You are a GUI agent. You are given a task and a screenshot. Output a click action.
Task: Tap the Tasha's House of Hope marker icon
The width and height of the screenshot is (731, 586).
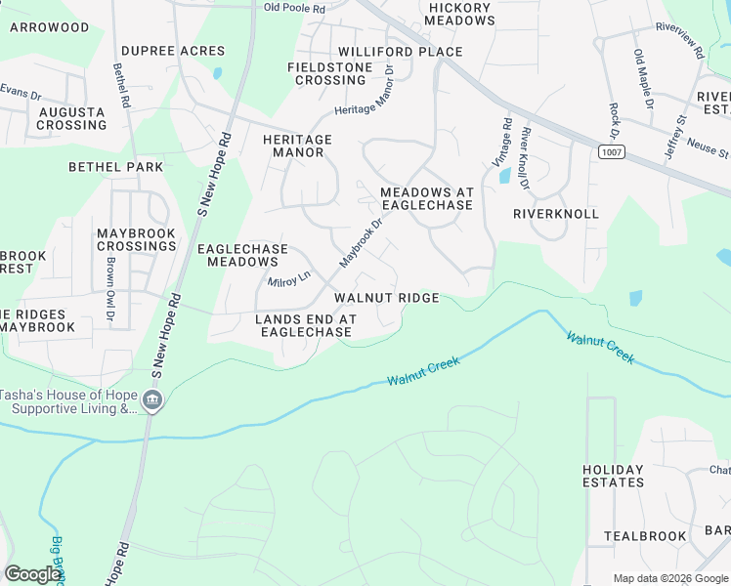[x=152, y=401]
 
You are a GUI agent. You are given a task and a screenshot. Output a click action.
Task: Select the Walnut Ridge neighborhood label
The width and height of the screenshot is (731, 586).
[x=386, y=298]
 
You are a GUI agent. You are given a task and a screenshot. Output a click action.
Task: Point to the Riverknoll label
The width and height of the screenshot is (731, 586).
[x=555, y=213]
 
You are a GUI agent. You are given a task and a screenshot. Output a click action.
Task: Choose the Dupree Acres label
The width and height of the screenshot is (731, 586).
[x=173, y=51]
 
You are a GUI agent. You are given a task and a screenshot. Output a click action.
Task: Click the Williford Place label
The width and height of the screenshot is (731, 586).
[x=400, y=52]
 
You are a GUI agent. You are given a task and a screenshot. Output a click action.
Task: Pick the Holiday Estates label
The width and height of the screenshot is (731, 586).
[x=613, y=476]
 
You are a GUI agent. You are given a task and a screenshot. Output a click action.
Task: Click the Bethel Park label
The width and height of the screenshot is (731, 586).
[x=116, y=167]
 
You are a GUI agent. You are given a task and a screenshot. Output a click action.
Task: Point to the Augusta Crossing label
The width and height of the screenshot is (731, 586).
[x=71, y=118]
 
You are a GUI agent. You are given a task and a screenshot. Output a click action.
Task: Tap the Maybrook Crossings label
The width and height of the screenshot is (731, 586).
[x=136, y=239]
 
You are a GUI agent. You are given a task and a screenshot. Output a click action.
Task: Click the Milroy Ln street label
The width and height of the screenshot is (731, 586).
[x=288, y=281]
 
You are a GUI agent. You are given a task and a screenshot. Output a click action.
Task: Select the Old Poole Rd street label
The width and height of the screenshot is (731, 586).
[x=294, y=7]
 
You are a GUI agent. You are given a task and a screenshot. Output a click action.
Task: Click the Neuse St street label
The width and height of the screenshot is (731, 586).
[x=710, y=153]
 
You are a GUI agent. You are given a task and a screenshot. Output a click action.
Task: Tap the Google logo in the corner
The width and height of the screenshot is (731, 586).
[x=32, y=574]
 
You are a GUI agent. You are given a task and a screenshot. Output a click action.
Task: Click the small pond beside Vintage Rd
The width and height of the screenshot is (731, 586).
[x=504, y=176]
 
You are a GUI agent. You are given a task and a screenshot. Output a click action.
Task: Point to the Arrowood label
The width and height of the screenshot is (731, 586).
[x=49, y=27]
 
